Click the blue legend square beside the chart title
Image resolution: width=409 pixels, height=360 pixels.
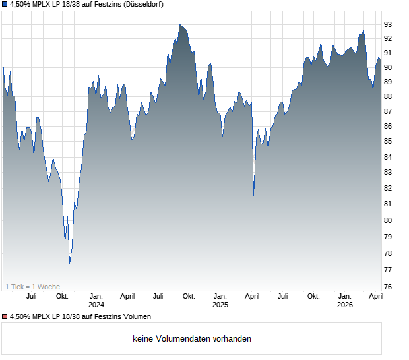pyautogui.click(x=5, y=4)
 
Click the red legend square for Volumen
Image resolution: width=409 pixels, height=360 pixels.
pyautogui.click(x=5, y=316)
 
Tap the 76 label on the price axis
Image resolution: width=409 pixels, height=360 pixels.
pyautogui.click(x=389, y=287)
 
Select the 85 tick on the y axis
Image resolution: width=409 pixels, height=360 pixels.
pyautogui.click(x=389, y=142)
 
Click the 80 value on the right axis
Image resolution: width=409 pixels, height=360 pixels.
pyautogui.click(x=389, y=220)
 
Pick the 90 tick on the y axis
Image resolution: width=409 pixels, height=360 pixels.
pyautogui.click(x=389, y=67)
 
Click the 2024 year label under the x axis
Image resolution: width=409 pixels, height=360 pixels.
pyautogui.click(x=96, y=305)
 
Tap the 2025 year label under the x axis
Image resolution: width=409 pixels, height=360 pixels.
pyautogui.click(x=220, y=305)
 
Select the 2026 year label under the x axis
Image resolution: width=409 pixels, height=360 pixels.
pyautogui.click(x=344, y=305)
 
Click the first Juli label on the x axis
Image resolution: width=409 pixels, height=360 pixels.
pyautogui.click(x=31, y=296)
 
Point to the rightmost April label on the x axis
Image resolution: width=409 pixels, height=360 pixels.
pyautogui.click(x=375, y=296)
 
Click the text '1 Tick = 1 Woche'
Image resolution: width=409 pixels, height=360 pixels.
pyautogui.click(x=32, y=287)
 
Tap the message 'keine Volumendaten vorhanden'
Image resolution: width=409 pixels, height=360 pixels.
pyautogui.click(x=192, y=339)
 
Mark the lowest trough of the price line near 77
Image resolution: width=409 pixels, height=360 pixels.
pyautogui.click(x=70, y=264)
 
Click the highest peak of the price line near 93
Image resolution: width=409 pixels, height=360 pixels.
pyautogui.click(x=179, y=24)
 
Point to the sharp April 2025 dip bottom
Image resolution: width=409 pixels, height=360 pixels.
pyautogui.click(x=254, y=196)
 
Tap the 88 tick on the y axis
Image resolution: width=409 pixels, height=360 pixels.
pyautogui.click(x=389, y=96)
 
